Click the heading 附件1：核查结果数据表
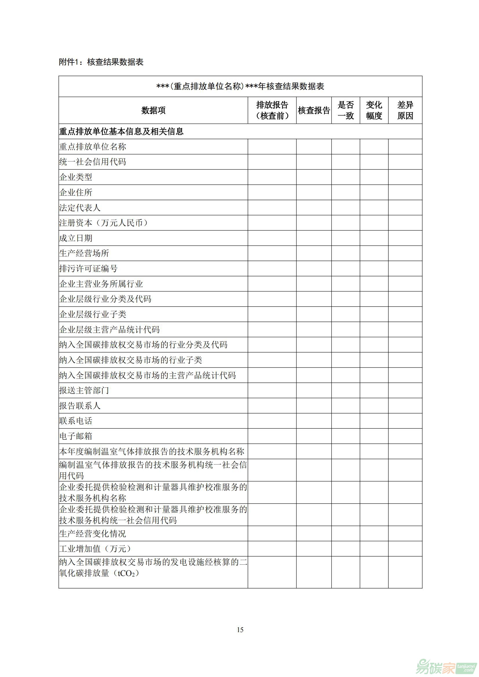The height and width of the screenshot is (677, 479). pyautogui.click(x=101, y=62)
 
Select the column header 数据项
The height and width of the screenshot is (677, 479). pyautogui.click(x=153, y=111)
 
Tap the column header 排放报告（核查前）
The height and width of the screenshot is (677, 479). pyautogui.click(x=272, y=111)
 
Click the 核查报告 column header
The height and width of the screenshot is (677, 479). pyautogui.click(x=314, y=111)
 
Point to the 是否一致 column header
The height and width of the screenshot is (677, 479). pyautogui.click(x=346, y=111)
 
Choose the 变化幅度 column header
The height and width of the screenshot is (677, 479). pyautogui.click(x=374, y=111)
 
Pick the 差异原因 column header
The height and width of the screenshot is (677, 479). pyautogui.click(x=405, y=111)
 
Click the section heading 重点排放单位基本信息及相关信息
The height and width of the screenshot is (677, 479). pyautogui.click(x=121, y=131)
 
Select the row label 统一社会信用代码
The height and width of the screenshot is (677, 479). pyautogui.click(x=93, y=162)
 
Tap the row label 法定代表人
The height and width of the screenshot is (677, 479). pyautogui.click(x=80, y=208)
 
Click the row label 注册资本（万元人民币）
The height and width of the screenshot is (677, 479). pyautogui.click(x=103, y=223)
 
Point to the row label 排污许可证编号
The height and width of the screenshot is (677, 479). pyautogui.click(x=89, y=269)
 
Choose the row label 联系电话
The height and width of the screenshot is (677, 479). pyautogui.click(x=76, y=421)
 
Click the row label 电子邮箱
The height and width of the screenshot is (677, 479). pyautogui.click(x=76, y=436)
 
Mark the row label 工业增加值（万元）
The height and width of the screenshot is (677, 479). pyautogui.click(x=95, y=549)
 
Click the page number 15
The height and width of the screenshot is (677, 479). pyautogui.click(x=240, y=630)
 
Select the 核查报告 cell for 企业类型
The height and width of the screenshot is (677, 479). pyautogui.click(x=314, y=177)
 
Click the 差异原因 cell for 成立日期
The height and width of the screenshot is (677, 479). pyautogui.click(x=405, y=238)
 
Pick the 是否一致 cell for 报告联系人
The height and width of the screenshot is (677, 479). pyautogui.click(x=346, y=406)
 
